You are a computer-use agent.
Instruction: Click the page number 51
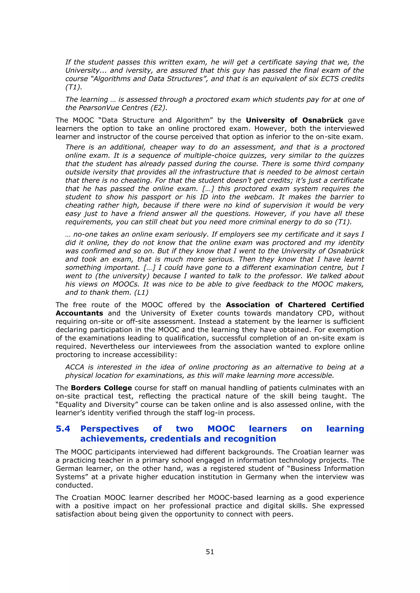(x=210, y=551)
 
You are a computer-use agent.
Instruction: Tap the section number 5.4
(x=63, y=429)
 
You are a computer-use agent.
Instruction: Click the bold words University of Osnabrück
(x=294, y=120)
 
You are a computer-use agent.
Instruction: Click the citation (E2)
(x=159, y=108)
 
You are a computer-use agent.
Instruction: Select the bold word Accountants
(x=79, y=313)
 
